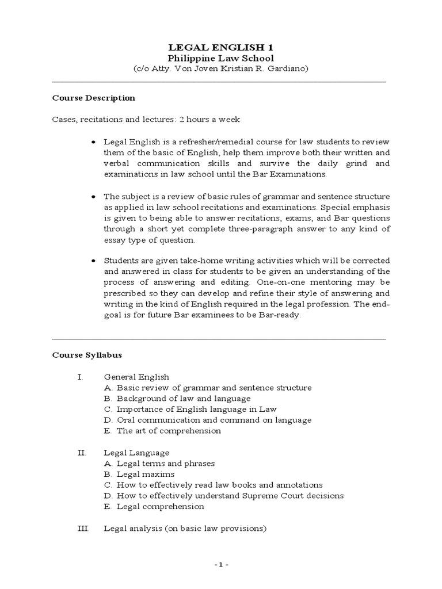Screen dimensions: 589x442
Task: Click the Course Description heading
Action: (94, 98)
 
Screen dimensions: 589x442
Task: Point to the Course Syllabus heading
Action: (87, 355)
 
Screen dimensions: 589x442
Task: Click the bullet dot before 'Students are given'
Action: (93, 261)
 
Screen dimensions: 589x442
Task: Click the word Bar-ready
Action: (280, 315)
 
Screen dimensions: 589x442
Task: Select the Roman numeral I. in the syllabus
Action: (81, 377)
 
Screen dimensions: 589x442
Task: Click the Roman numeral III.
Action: (83, 528)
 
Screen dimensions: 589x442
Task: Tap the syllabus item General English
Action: (136, 377)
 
